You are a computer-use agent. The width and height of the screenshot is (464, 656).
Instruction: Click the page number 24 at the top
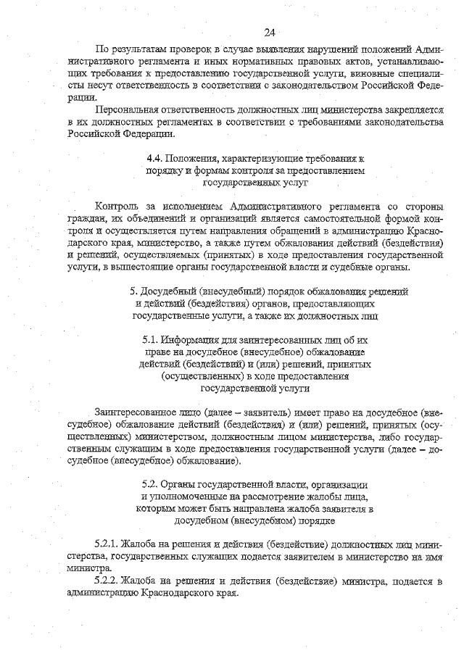[270, 33]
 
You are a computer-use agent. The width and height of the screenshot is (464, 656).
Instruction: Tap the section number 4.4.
[154, 158]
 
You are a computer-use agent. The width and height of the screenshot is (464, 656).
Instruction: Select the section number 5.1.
[151, 339]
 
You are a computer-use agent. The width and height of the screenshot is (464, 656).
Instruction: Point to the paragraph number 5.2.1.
[107, 544]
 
